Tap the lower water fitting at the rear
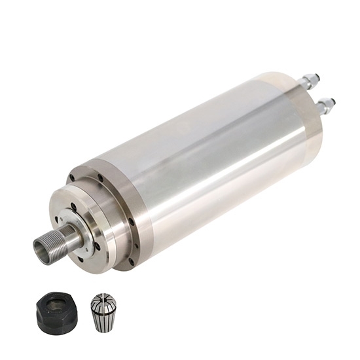tap(323, 103)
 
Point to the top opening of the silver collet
tap(103, 297)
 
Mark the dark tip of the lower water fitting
tap(332, 101)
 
